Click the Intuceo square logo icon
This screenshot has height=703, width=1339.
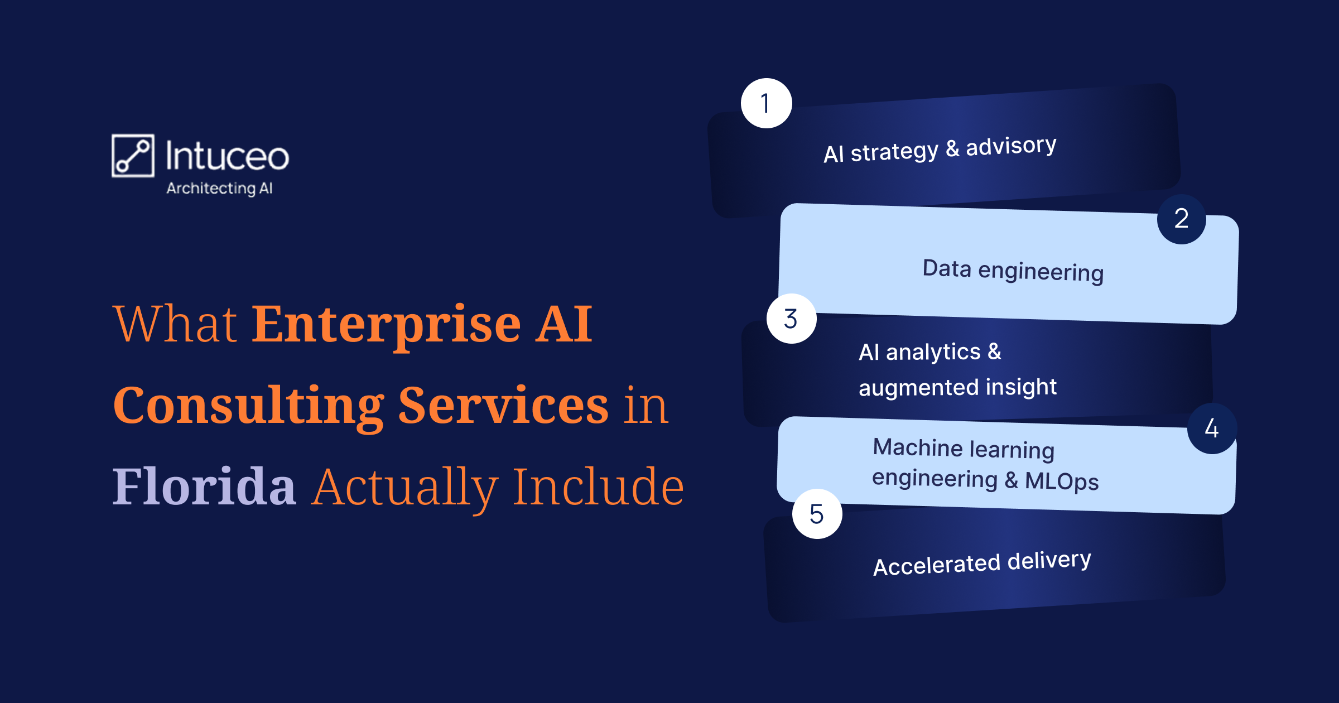(x=133, y=156)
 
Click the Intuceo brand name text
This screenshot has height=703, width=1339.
(x=228, y=156)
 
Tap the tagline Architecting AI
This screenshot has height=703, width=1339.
(x=219, y=189)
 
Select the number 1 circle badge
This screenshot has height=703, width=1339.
(x=767, y=103)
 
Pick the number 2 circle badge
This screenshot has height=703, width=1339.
(x=1182, y=219)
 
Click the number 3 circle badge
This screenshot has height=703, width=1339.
(x=792, y=319)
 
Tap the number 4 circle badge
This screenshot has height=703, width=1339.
(x=1212, y=428)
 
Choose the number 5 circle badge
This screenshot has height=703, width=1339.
(x=817, y=514)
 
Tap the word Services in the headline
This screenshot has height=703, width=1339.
(x=503, y=405)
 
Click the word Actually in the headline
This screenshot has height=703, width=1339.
(x=405, y=489)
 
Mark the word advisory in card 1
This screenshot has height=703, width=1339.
(x=1011, y=146)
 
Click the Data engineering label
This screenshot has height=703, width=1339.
(x=1013, y=271)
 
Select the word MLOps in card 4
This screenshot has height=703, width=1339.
(x=1062, y=481)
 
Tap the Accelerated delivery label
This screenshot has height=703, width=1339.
(x=982, y=563)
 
